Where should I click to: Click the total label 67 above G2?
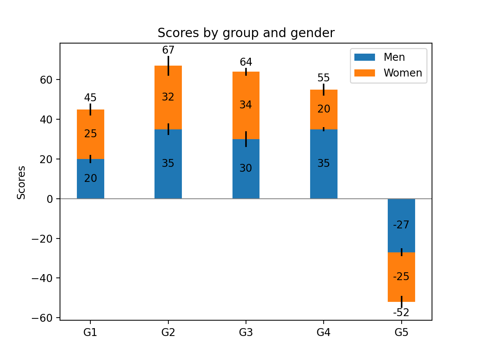point(168,50)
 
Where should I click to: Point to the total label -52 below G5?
point(401,313)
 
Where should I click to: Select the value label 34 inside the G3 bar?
point(246,105)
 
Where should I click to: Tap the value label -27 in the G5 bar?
point(401,225)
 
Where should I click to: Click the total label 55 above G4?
point(324,78)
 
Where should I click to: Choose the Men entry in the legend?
point(394,57)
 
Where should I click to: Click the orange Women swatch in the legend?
point(364,73)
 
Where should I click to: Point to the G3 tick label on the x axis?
point(246,332)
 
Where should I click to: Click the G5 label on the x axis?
point(401,332)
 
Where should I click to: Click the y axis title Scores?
point(21,183)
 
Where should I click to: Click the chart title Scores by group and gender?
point(246,33)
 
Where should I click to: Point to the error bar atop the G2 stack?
point(168,66)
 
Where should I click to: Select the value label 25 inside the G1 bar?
point(90,134)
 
